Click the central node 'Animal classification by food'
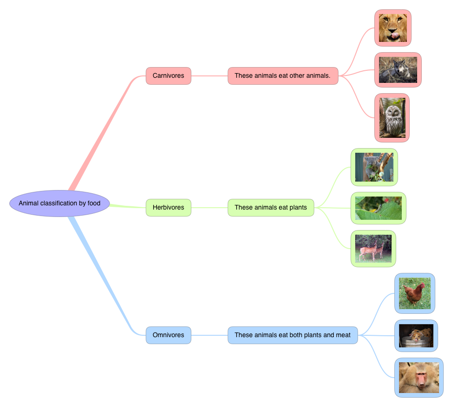point(60,203)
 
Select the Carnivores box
point(169,76)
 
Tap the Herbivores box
point(169,208)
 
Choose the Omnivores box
point(169,335)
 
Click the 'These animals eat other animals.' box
point(283,76)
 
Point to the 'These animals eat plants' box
point(271,208)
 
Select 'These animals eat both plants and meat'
point(292,335)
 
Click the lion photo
point(392,28)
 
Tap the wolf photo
point(398,70)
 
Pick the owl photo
point(392,118)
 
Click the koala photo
point(374,167)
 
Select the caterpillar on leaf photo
point(378,208)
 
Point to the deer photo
point(373,249)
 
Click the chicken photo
point(414,293)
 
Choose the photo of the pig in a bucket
point(416,336)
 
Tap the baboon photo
point(419,378)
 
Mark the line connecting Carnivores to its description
point(210,76)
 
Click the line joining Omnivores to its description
point(210,335)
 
